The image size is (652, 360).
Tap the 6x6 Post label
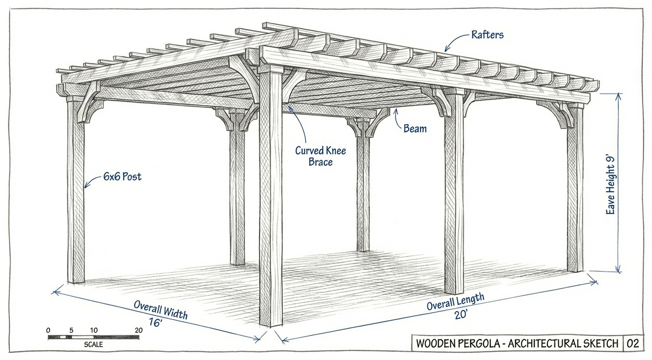pos(122,177)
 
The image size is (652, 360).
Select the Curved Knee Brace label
pos(320,156)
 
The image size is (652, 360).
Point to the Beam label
pos(415,128)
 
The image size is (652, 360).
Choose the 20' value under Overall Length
pos(461,315)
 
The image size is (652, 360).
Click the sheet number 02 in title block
pos(632,344)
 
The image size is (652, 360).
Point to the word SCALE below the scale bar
pos(94,345)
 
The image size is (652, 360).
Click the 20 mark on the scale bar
pos(138,330)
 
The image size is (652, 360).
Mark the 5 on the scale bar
pos(71,330)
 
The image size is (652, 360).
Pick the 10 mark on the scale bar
pos(94,330)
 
